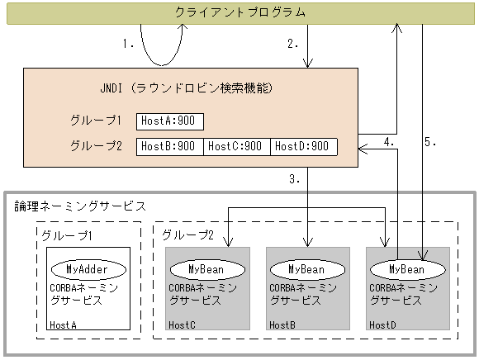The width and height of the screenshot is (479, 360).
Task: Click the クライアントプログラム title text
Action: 239,12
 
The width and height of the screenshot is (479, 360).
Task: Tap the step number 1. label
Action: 128,45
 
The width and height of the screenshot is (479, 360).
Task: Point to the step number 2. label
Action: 292,45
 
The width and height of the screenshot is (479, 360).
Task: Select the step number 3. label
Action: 293,178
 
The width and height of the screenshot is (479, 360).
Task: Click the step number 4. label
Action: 390,142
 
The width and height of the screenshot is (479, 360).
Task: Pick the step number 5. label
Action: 430,142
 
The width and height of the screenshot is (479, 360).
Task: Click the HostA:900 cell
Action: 169,121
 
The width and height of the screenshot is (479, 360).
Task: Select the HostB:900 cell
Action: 169,146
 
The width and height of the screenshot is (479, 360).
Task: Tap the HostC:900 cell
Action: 236,146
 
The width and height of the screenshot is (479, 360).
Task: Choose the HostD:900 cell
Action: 303,146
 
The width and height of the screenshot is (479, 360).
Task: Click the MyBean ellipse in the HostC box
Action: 206,269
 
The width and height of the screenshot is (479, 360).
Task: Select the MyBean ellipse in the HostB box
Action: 307,269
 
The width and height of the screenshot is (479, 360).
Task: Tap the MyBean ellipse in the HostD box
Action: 407,269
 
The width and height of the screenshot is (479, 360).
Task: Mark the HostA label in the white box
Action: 63,324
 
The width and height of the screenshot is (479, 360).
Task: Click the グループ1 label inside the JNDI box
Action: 96,121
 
